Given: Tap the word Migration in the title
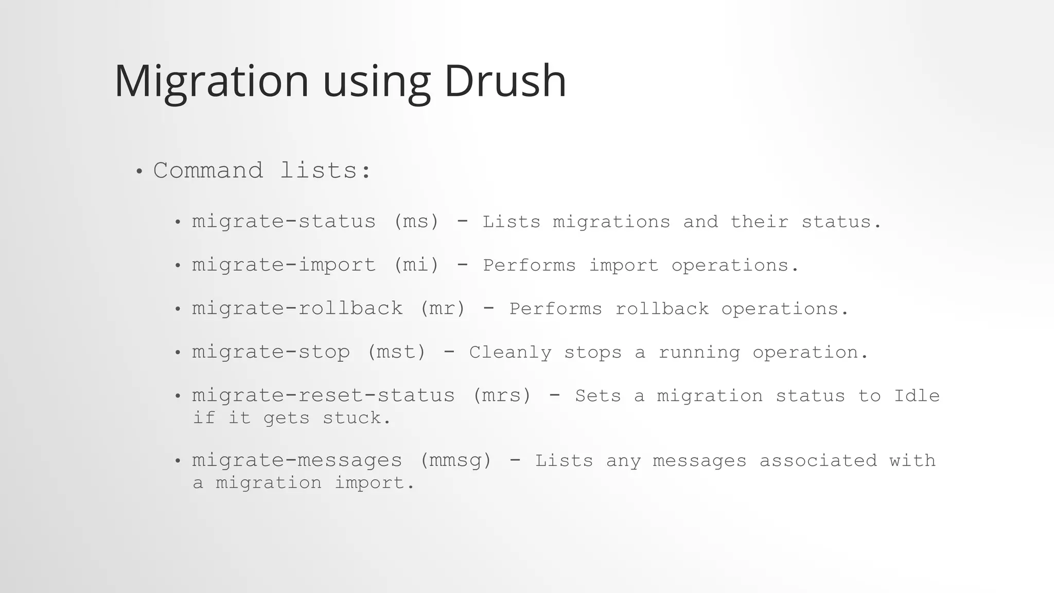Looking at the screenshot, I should coord(211,81).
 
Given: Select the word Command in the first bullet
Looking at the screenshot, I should coord(208,170).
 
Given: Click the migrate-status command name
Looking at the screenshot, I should coord(284,221).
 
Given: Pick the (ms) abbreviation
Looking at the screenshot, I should coord(416,221).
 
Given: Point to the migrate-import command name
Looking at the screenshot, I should coord(284,265).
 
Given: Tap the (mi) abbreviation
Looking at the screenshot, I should coord(416,265).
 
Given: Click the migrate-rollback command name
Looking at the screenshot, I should coord(297,308).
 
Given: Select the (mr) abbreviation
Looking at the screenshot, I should coord(443,308).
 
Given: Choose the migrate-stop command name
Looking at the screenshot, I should coord(271,352).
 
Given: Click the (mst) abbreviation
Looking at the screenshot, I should coord(397,352).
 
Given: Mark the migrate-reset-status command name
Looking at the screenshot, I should coord(323,395).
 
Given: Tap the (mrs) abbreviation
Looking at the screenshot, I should coord(502,395).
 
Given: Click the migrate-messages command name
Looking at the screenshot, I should coord(297,460).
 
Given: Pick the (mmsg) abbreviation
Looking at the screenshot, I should coord(456,460).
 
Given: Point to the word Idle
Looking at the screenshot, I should coord(917,395).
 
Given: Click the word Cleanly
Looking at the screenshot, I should coord(510,352).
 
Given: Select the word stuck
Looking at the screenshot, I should coord(357,417).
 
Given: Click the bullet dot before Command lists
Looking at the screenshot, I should coord(138,171).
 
